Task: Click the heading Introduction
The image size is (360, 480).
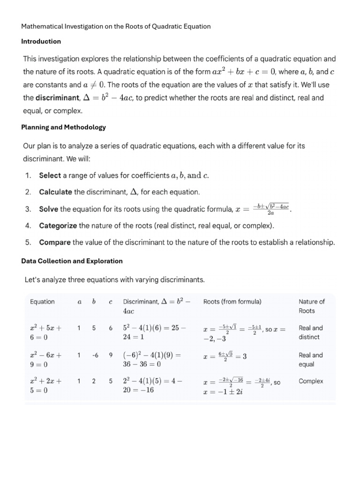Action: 41,41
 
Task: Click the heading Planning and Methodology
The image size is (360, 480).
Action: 63,127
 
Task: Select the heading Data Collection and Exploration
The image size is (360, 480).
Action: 72,261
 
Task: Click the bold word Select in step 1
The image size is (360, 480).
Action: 50,175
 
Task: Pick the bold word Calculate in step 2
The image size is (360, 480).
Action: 55,192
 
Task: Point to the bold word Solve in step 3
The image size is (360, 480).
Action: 49,209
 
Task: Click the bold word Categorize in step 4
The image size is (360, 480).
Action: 58,225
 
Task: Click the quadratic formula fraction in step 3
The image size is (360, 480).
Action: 271,209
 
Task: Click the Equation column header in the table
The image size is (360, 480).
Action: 42,302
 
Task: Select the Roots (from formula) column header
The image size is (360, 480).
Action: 232,302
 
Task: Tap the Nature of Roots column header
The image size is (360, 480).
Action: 311,306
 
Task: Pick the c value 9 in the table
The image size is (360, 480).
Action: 111,355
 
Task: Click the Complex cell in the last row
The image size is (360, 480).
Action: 311,382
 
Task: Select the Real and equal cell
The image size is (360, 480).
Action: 310,360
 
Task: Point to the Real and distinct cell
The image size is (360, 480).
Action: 310,332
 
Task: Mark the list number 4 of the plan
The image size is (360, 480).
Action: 28,225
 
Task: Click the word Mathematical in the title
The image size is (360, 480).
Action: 42,26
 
